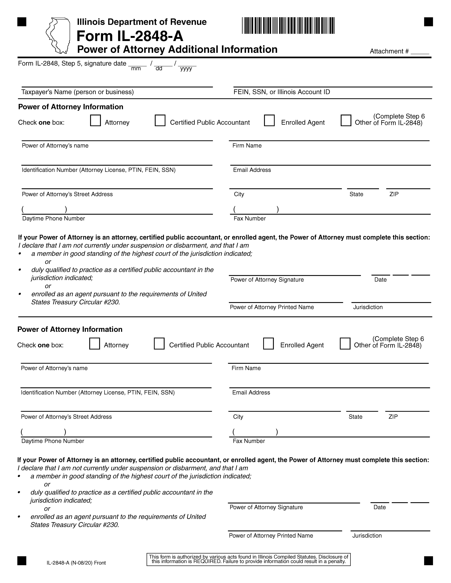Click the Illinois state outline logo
coord(58,35)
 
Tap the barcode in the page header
coord(288,26)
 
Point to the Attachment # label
coord(389,51)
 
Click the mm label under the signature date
coord(136,69)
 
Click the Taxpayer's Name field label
coord(77,92)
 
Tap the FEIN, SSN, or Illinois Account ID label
coord(282,92)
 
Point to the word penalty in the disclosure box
coord(337,561)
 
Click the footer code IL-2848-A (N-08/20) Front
coord(76,563)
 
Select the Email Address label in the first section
coord(252,170)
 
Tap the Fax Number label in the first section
coord(250,219)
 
